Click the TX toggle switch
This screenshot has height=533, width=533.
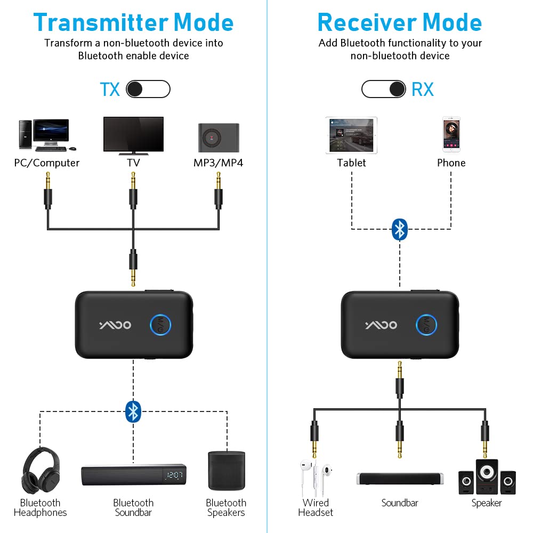click(148, 89)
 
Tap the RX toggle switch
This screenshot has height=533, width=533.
click(383, 89)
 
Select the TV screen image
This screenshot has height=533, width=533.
click(133, 134)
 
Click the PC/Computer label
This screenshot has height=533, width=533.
click(47, 163)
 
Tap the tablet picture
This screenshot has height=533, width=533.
click(351, 135)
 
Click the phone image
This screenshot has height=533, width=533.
click(451, 135)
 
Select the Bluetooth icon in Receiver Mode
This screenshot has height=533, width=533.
click(400, 229)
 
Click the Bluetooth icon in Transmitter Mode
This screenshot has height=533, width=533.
click(133, 410)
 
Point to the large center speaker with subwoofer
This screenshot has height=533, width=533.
click(487, 476)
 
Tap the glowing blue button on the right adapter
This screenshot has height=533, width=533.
click(426, 324)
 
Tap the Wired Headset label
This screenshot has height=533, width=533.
click(316, 507)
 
